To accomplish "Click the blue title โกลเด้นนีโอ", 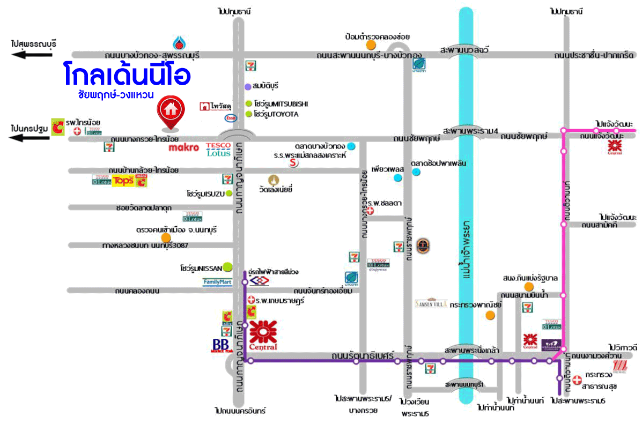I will coord(126,76).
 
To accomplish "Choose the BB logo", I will coord(220,345).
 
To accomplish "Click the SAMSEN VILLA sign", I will coord(431,303).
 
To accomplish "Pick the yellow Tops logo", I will coord(122,181).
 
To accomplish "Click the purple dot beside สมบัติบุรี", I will coord(248,86).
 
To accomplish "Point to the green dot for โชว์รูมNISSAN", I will coord(228,265).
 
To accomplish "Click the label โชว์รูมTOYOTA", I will coord(276,114).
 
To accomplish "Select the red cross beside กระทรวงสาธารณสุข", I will coord(577,380).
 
